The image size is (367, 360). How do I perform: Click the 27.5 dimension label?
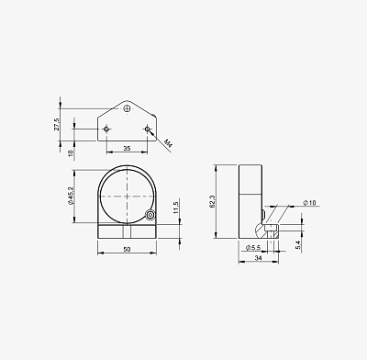tap(57, 124)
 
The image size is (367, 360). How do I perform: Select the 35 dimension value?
tap(127, 149)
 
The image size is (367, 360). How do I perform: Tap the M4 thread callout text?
tap(168, 142)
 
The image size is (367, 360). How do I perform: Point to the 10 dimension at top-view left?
tap(71, 152)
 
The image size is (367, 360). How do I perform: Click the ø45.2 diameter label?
tap(71, 196)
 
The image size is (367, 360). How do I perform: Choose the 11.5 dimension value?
tap(176, 208)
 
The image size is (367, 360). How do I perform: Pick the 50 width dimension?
tap(127, 249)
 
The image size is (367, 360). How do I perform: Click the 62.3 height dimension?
tap(213, 202)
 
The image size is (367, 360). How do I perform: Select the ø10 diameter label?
tap(309, 203)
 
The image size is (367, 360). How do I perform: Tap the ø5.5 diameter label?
tap(253, 247)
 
